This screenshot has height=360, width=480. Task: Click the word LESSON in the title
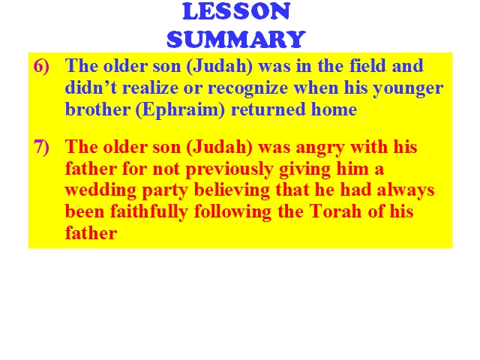click(236, 12)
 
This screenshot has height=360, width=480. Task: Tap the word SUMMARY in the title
click(236, 40)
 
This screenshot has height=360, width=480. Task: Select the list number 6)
click(41, 67)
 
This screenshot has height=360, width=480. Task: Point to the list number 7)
click(41, 147)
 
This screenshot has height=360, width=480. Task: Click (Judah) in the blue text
click(220, 67)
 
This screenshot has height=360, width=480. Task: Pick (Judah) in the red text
click(220, 147)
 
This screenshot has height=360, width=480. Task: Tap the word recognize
click(247, 88)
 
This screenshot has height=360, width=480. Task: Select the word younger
click(408, 88)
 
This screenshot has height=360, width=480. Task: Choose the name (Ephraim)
click(180, 109)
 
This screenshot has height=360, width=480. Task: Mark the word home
click(334, 109)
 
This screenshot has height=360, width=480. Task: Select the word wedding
click(100, 190)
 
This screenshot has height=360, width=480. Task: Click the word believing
click(232, 190)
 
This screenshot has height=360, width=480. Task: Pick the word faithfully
click(149, 211)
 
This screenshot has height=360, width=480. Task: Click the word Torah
click(335, 211)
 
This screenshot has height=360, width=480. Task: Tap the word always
click(405, 190)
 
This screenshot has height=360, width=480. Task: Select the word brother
click(97, 109)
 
